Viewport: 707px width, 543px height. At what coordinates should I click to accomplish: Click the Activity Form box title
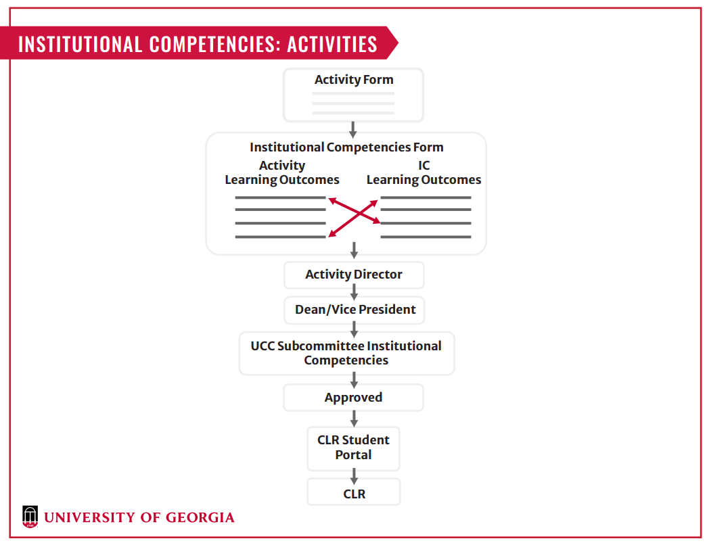tap(354, 80)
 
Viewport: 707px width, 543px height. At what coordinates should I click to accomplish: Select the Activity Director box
tap(354, 275)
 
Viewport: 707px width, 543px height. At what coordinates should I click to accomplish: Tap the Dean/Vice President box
tap(355, 310)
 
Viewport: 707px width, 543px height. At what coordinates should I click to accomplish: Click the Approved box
tap(353, 398)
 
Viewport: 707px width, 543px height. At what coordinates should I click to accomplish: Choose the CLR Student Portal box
tap(353, 448)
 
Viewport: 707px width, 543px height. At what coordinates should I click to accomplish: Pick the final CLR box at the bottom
tap(354, 494)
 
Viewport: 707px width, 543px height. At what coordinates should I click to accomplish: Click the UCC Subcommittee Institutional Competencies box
tap(346, 353)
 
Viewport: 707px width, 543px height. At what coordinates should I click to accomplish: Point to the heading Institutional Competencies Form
tap(346, 147)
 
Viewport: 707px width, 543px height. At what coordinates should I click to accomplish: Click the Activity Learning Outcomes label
tap(282, 173)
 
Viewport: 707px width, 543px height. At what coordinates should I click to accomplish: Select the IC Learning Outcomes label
tap(424, 173)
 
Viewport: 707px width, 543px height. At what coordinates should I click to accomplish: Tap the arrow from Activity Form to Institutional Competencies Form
tap(353, 129)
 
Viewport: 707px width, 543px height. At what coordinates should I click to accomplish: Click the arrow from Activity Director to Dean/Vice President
tap(354, 292)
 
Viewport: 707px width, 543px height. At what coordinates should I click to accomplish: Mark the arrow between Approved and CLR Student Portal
tap(354, 419)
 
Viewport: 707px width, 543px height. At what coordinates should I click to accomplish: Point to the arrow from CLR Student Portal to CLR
tap(354, 475)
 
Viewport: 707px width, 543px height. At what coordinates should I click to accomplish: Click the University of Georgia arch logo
tap(30, 516)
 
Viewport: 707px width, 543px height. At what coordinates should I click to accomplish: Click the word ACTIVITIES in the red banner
tap(332, 44)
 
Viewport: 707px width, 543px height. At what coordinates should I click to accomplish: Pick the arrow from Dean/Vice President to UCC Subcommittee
tap(354, 329)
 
